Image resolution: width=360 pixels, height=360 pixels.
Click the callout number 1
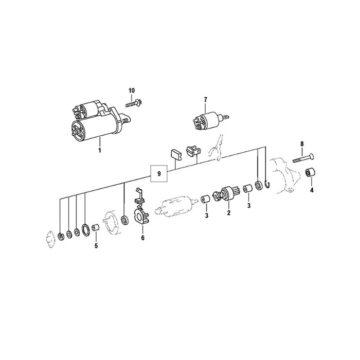click(100, 151)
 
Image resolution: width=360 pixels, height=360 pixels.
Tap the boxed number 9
click(159, 174)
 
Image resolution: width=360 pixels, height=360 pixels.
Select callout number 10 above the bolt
click(132, 91)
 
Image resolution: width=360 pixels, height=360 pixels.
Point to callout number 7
click(206, 100)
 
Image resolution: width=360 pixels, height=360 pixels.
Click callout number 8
click(302, 144)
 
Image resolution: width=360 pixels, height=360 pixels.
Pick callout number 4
click(312, 190)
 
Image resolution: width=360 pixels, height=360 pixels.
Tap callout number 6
click(143, 238)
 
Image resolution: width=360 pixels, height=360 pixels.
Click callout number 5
click(96, 246)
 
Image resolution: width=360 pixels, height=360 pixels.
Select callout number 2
click(228, 213)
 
